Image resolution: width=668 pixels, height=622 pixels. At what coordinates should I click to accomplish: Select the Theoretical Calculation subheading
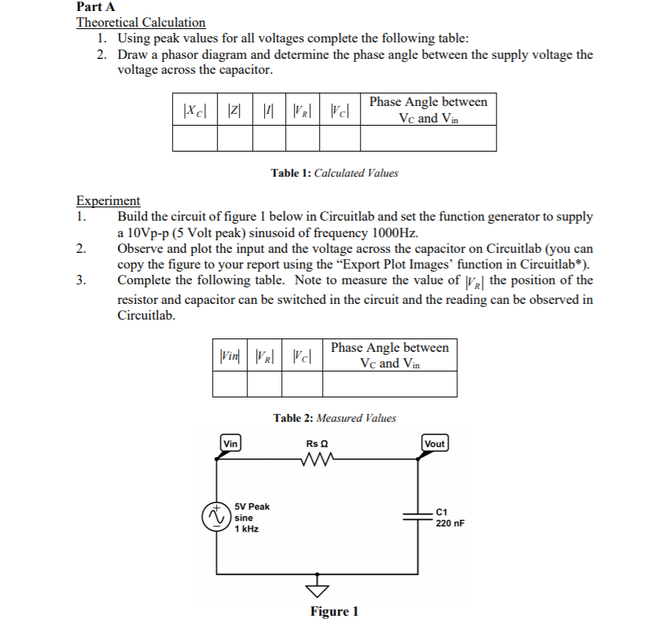(141, 23)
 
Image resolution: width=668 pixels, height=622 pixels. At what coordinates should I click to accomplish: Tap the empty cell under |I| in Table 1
(268, 138)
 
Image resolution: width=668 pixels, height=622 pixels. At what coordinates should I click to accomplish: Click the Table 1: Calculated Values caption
(334, 173)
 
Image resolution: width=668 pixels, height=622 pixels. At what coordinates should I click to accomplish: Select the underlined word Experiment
(108, 201)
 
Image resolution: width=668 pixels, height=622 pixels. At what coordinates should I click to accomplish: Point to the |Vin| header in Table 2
(229, 356)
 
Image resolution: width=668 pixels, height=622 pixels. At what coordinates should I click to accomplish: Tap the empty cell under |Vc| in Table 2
(302, 383)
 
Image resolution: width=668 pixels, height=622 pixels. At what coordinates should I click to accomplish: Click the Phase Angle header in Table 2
(390, 355)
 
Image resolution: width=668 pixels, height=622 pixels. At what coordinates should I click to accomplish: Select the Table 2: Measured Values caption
(335, 418)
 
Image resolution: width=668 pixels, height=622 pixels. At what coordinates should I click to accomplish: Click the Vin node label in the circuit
(230, 444)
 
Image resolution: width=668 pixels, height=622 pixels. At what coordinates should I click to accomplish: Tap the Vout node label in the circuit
(435, 444)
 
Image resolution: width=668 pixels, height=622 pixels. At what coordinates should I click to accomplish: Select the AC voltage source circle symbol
(213, 517)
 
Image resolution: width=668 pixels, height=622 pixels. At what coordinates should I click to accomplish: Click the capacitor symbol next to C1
(417, 516)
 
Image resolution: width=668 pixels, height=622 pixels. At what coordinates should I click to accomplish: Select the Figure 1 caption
(334, 612)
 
